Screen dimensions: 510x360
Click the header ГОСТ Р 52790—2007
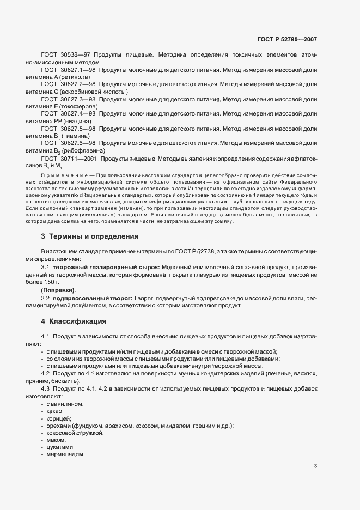tap(286, 40)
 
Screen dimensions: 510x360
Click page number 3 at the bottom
tap(315, 465)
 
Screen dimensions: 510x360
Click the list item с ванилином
tap(65, 404)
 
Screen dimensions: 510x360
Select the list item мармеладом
tap(66, 453)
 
